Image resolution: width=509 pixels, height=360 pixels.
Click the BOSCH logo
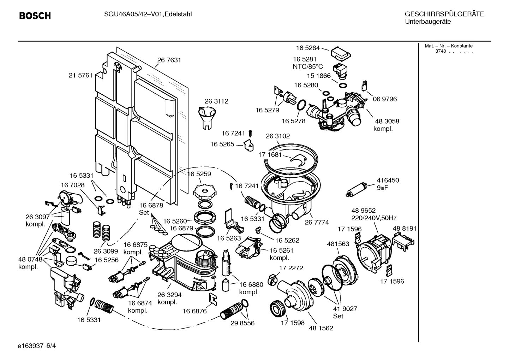(x=35, y=16)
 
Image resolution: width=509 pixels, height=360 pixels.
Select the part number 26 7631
(x=169, y=60)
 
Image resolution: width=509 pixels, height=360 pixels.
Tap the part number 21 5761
(x=80, y=75)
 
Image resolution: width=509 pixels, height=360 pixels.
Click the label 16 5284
(x=307, y=48)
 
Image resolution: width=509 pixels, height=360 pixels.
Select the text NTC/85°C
(x=307, y=66)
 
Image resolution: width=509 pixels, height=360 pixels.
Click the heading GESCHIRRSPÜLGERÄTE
(x=444, y=14)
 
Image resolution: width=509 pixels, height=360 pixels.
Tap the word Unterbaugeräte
(x=427, y=22)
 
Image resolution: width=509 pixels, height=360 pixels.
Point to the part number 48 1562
(x=321, y=328)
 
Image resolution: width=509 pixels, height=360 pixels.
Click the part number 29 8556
(x=242, y=323)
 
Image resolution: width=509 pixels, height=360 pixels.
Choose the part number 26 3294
(x=169, y=295)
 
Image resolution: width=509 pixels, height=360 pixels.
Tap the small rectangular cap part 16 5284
(x=341, y=53)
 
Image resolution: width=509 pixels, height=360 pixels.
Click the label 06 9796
(x=385, y=99)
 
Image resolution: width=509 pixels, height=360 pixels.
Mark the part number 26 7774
(x=317, y=222)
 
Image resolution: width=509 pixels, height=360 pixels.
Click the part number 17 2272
(x=291, y=268)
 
